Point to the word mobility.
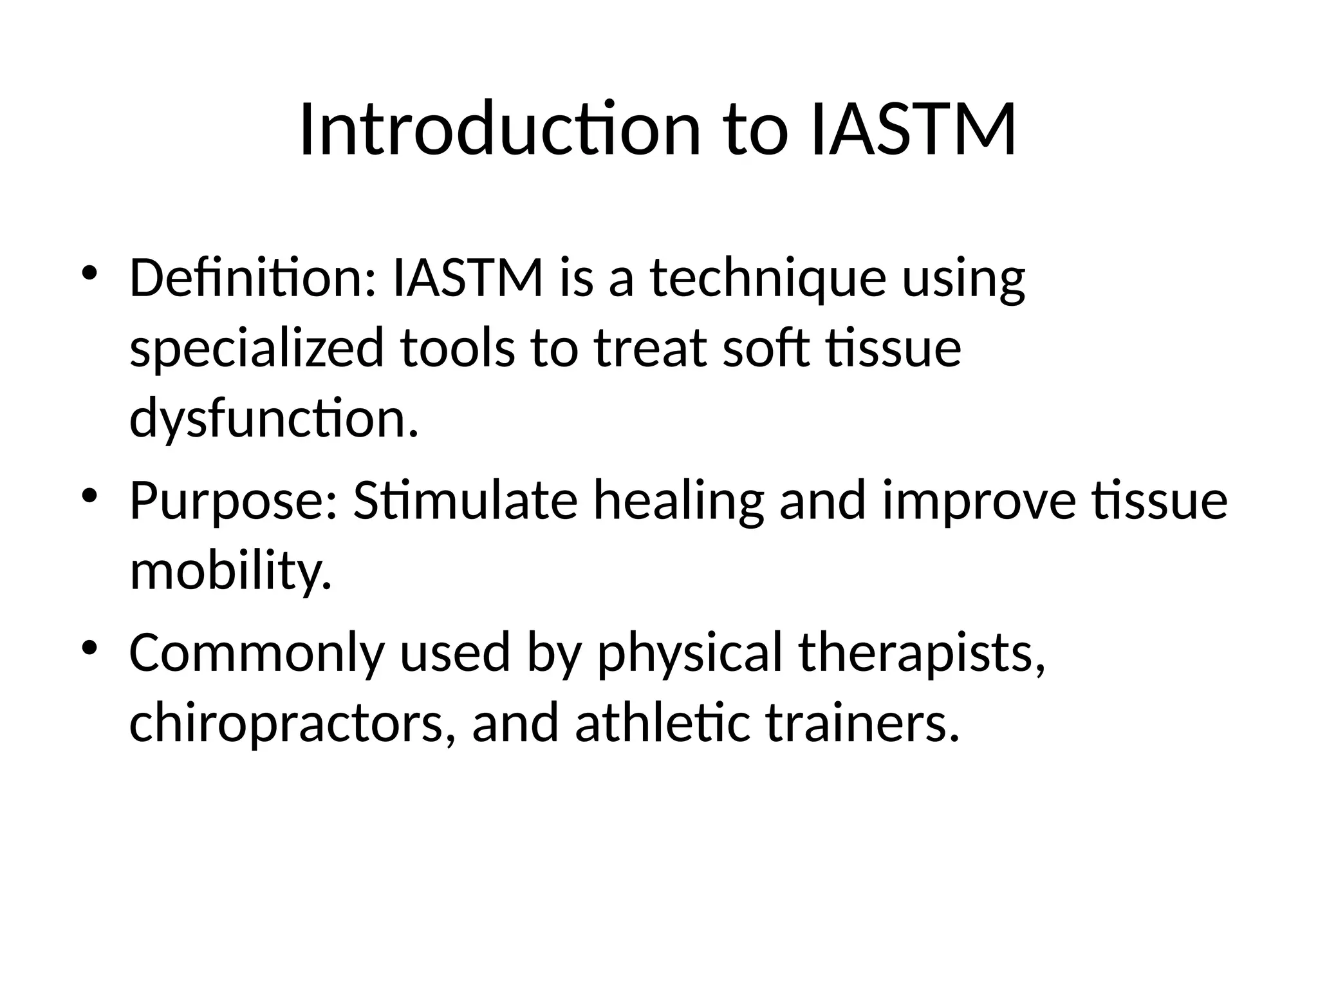pos(231,571)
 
